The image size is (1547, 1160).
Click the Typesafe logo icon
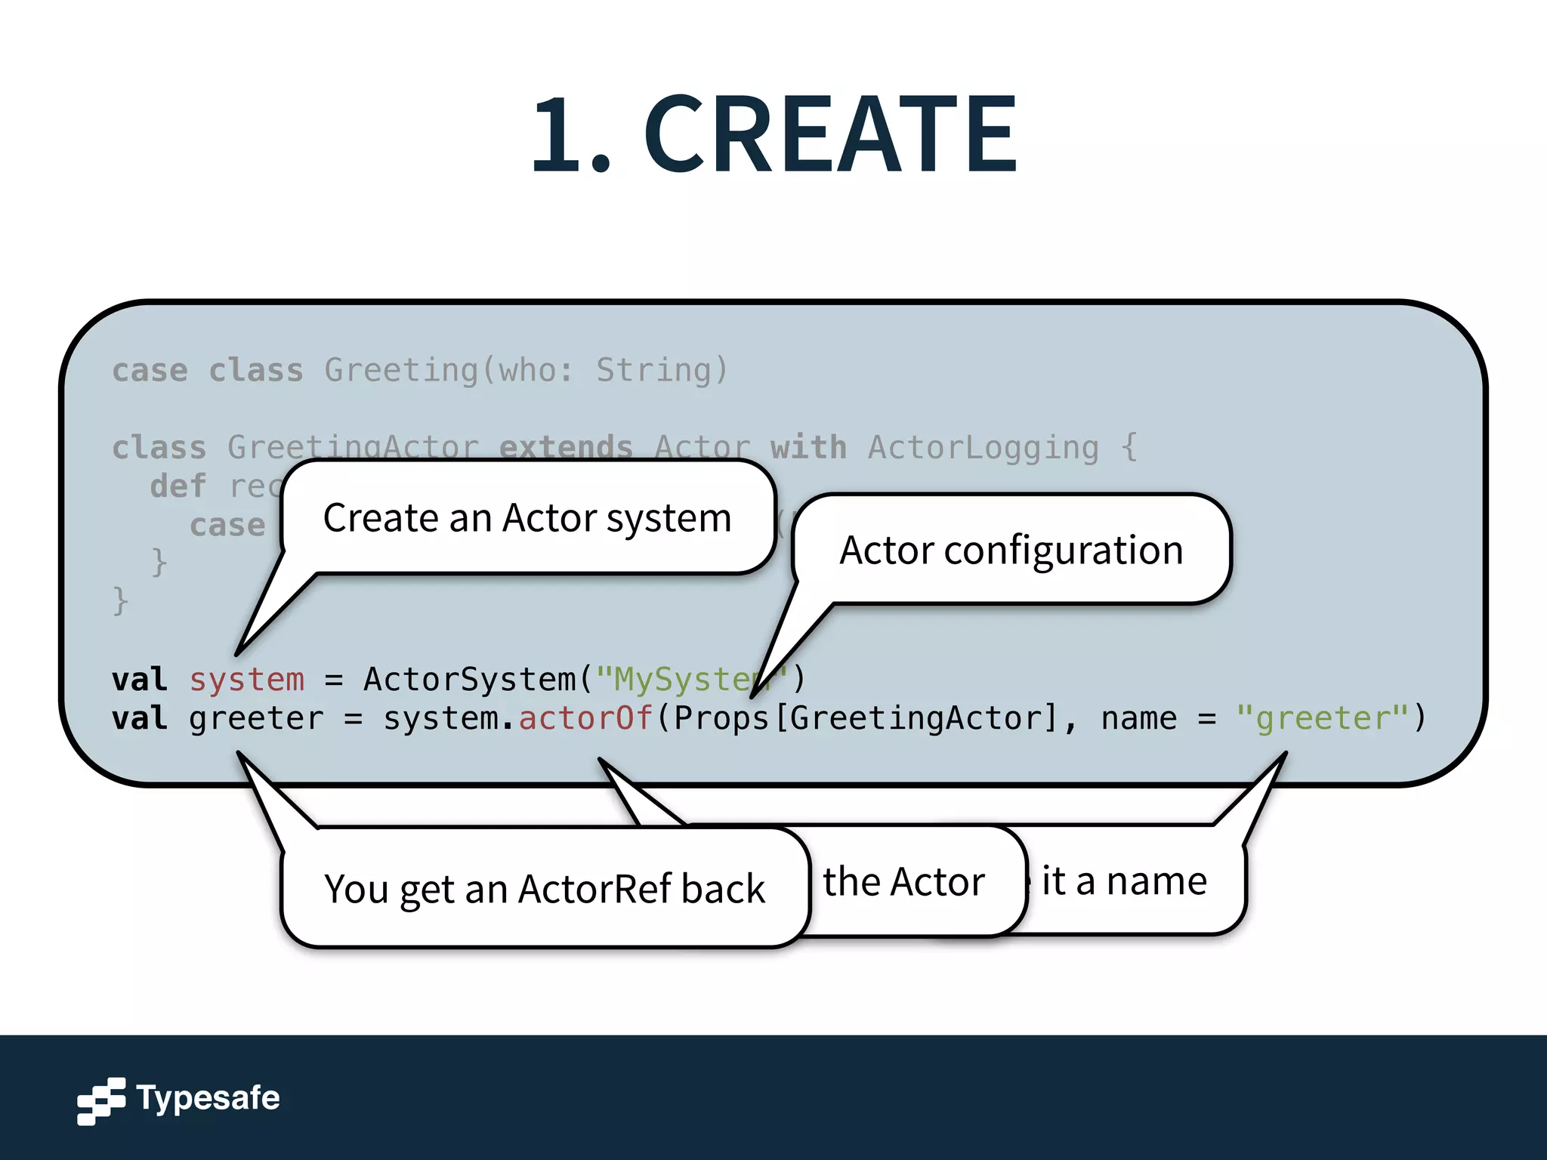(100, 1100)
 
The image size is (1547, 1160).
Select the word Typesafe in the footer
(208, 1098)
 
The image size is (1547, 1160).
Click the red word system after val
(246, 680)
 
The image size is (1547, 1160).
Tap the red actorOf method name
(585, 718)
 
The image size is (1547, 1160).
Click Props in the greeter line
(721, 718)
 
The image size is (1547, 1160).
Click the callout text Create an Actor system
(527, 518)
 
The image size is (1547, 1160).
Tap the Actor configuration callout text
(1011, 550)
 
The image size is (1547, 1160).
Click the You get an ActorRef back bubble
(544, 889)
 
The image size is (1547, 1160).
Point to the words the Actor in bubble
(903, 881)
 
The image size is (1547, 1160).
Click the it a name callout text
(1124, 881)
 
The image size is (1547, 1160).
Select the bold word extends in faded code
(566, 447)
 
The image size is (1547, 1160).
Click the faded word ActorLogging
(983, 447)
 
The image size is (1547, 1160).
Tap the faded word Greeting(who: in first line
(449, 370)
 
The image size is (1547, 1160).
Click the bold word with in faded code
(807, 447)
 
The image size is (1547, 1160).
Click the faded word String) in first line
(662, 370)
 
